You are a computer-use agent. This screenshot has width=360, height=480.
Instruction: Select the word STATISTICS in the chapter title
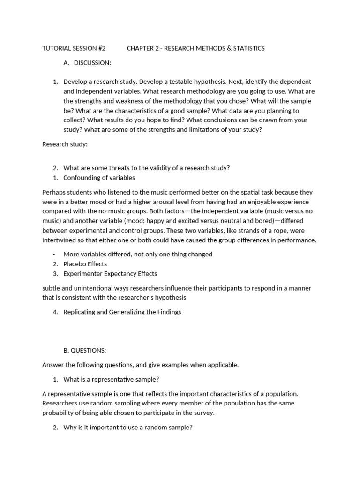click(246, 48)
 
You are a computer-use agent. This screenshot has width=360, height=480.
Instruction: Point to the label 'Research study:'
click(65, 144)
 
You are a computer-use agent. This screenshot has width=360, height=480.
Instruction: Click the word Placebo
click(75, 264)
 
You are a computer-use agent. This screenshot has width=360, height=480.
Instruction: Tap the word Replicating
click(80, 312)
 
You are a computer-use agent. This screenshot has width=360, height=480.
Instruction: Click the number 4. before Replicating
click(55, 312)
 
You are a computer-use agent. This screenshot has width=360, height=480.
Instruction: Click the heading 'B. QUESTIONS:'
click(84, 350)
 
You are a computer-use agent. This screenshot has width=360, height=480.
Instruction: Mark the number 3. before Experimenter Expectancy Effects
click(55, 274)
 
